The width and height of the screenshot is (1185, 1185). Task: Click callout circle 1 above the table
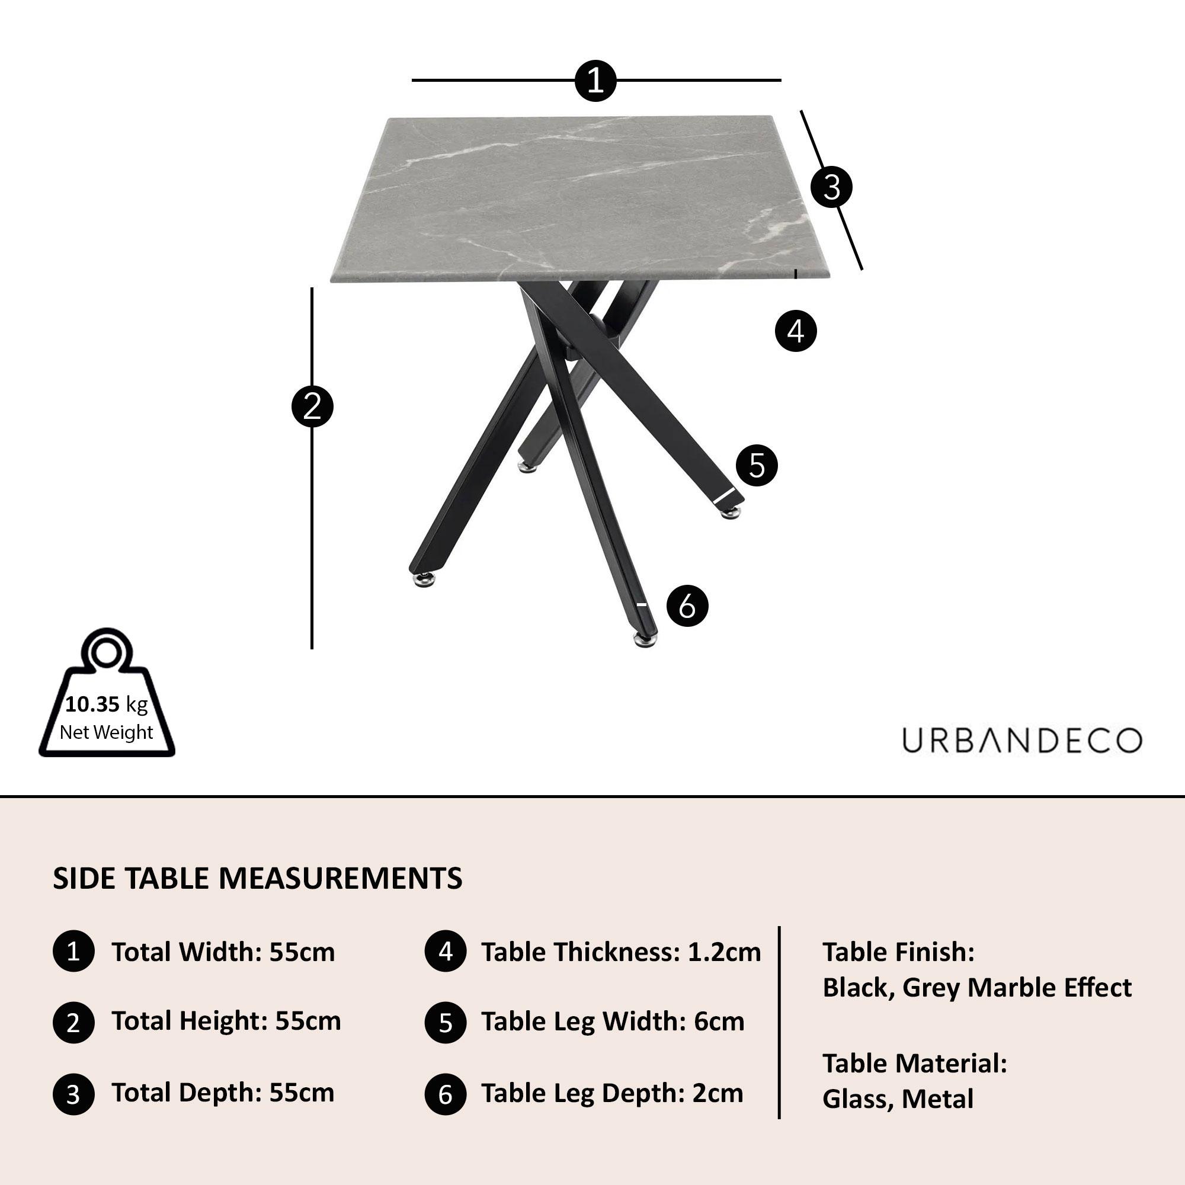pyautogui.click(x=595, y=81)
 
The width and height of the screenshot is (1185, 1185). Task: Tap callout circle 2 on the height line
pyautogui.click(x=312, y=406)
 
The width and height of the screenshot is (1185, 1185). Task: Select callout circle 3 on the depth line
pyautogui.click(x=832, y=187)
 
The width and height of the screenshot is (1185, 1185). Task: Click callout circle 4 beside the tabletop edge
pyautogui.click(x=796, y=331)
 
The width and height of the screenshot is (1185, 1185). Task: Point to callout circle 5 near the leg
pyautogui.click(x=756, y=466)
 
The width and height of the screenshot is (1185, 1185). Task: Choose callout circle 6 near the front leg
pyautogui.click(x=687, y=606)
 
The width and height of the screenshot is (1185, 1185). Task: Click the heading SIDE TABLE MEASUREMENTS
pyautogui.click(x=258, y=878)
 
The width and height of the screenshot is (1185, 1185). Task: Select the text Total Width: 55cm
pyautogui.click(x=223, y=953)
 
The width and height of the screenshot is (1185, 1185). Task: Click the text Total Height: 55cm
pyautogui.click(x=226, y=1021)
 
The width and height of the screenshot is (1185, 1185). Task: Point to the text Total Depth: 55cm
pyautogui.click(x=223, y=1093)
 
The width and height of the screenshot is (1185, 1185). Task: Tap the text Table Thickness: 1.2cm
pyautogui.click(x=621, y=953)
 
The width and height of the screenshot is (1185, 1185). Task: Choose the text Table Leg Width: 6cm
pyautogui.click(x=612, y=1021)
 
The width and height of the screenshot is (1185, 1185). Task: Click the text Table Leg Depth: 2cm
pyautogui.click(x=611, y=1093)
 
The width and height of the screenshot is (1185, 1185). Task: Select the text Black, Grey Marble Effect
pyautogui.click(x=976, y=988)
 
